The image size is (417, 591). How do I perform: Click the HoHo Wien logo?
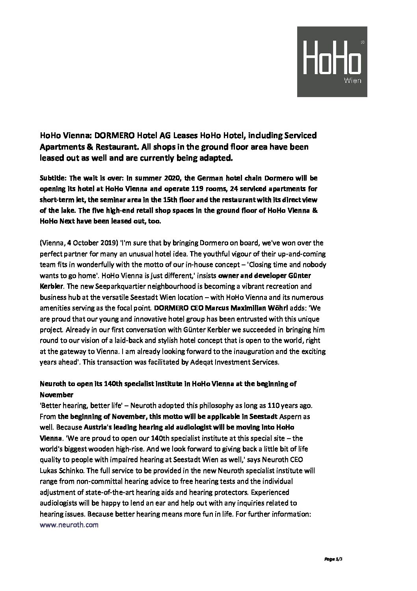[x=332, y=61]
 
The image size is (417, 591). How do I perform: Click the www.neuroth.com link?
[x=69, y=525]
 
